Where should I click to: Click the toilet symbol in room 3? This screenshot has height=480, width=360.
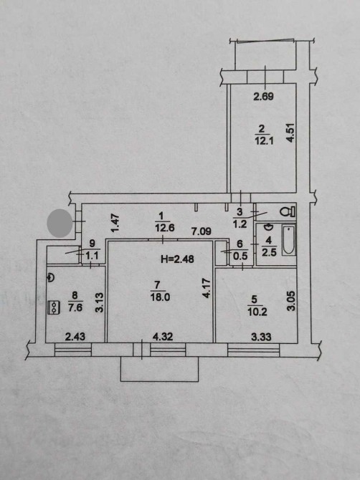click(x=288, y=211)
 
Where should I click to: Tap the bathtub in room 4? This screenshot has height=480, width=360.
click(x=288, y=241)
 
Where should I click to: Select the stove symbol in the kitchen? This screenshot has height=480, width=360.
click(x=54, y=307)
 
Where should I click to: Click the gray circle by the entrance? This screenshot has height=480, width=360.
click(x=60, y=223)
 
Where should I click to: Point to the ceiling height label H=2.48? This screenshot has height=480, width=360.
click(x=177, y=259)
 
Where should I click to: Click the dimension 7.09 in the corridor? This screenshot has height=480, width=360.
click(x=202, y=231)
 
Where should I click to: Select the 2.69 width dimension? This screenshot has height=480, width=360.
click(x=263, y=97)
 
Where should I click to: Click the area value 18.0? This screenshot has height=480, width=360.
click(x=160, y=297)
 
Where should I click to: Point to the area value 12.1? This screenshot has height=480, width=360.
click(x=264, y=141)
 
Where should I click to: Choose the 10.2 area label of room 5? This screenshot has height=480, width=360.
click(x=257, y=312)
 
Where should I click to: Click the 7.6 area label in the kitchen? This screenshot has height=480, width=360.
click(x=75, y=307)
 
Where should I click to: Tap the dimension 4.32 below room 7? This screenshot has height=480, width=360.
click(x=163, y=337)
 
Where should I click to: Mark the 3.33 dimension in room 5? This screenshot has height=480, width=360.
click(x=261, y=337)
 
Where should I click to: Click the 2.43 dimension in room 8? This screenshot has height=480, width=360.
click(x=75, y=337)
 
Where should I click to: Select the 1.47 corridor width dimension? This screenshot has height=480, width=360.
click(x=115, y=223)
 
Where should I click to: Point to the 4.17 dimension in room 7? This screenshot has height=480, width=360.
click(x=207, y=288)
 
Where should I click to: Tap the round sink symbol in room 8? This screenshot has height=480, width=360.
click(x=50, y=278)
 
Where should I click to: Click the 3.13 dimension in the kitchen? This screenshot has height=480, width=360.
click(x=100, y=302)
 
